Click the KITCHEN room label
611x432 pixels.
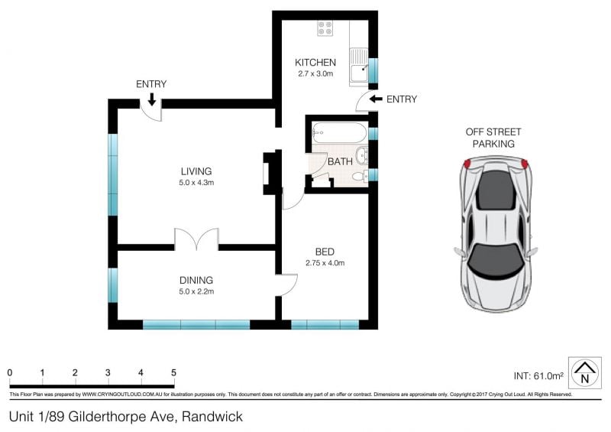click(x=315, y=63)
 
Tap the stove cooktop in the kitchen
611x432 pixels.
click(x=325, y=28)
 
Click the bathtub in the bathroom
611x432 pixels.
click(x=339, y=133)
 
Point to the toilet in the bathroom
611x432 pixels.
click(x=360, y=176)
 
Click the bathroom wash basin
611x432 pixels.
click(x=362, y=156)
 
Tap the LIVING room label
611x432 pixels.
click(x=196, y=171)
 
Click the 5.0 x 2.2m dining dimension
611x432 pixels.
click(x=196, y=291)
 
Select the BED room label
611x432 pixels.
click(x=325, y=252)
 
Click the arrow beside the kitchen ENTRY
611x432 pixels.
click(x=376, y=99)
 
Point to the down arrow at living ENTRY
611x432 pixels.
click(x=151, y=99)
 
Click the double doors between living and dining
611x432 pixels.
click(x=196, y=239)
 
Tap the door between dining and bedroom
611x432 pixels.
click(x=286, y=285)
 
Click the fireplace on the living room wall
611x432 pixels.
click(x=271, y=172)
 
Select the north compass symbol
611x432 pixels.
click(x=584, y=372)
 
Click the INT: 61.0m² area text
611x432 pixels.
click(x=538, y=376)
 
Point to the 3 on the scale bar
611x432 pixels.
click(x=108, y=372)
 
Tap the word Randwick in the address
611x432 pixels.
click(x=212, y=417)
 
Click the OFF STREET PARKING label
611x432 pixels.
click(x=493, y=138)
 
